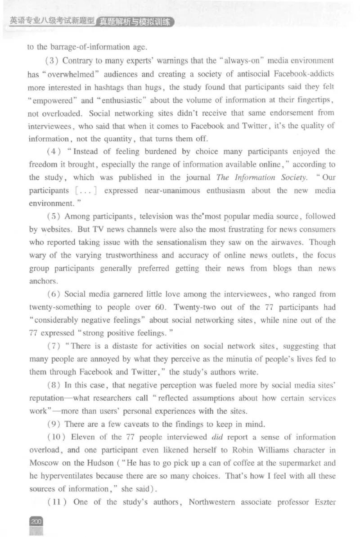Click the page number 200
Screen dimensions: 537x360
pyautogui.click(x=36, y=521)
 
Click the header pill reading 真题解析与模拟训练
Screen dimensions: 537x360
pyautogui.click(x=135, y=22)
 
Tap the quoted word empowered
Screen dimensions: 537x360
pyautogui.click(x=52, y=99)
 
